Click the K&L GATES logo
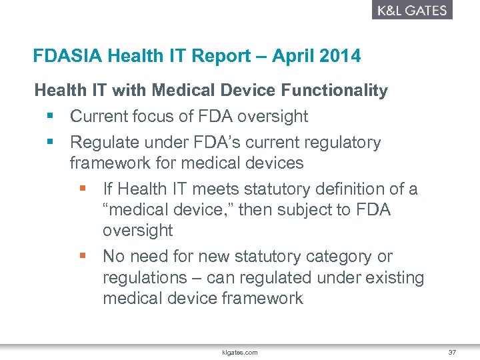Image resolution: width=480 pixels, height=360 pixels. tap(411, 10)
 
